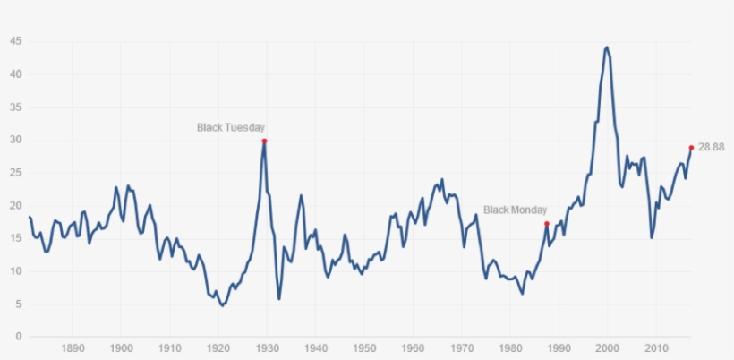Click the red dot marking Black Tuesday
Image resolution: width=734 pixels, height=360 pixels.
[264, 141]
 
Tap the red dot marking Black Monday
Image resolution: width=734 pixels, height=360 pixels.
[547, 224]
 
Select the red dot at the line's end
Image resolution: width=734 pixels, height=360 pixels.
[691, 148]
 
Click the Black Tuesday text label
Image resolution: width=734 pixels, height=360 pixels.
[231, 127]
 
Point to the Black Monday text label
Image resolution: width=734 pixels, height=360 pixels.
[515, 210]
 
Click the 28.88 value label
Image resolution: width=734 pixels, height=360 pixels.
[712, 147]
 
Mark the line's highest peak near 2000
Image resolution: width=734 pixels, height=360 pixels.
[607, 47]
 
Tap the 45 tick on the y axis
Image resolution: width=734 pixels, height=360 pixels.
[15, 41]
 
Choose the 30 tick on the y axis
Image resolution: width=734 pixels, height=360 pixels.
[15, 140]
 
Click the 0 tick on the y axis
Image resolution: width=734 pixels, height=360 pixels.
[18, 337]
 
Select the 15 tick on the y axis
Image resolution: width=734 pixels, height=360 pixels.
[15, 238]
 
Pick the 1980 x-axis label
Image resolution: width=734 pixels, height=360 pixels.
[510, 348]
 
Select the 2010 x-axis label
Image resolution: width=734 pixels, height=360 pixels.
[656, 348]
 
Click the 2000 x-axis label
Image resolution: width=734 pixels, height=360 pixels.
[608, 348]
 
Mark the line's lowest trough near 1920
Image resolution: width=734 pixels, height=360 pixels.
[222, 305]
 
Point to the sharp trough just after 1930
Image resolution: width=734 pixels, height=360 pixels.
[279, 298]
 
